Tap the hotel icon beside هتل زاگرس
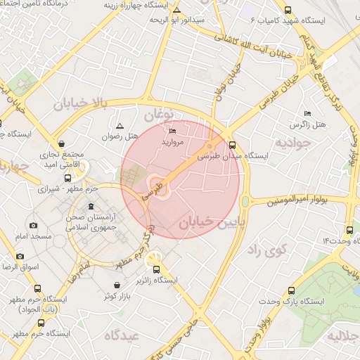click(307, 113)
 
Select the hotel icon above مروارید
click(173, 131)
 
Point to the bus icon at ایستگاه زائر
click(155, 269)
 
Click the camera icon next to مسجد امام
click(33, 225)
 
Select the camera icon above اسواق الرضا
click(19, 256)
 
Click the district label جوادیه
click(292, 143)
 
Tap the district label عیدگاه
click(122, 335)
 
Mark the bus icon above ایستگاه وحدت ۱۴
click(350, 231)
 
